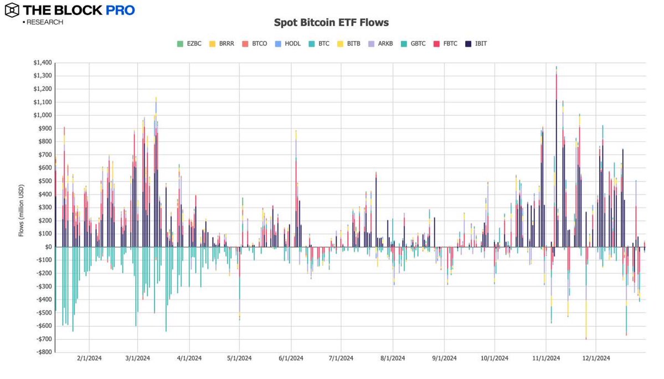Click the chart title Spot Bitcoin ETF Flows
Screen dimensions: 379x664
click(x=332, y=23)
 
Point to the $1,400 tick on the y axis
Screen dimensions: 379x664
click(x=41, y=63)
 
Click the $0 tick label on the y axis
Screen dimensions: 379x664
click(x=47, y=247)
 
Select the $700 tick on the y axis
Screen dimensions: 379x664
click(x=43, y=155)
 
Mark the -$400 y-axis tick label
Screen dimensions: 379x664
click(x=41, y=299)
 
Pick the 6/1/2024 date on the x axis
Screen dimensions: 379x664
click(x=291, y=358)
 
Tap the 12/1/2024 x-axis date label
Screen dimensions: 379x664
click(x=595, y=358)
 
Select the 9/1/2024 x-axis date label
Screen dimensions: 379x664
click(x=444, y=358)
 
